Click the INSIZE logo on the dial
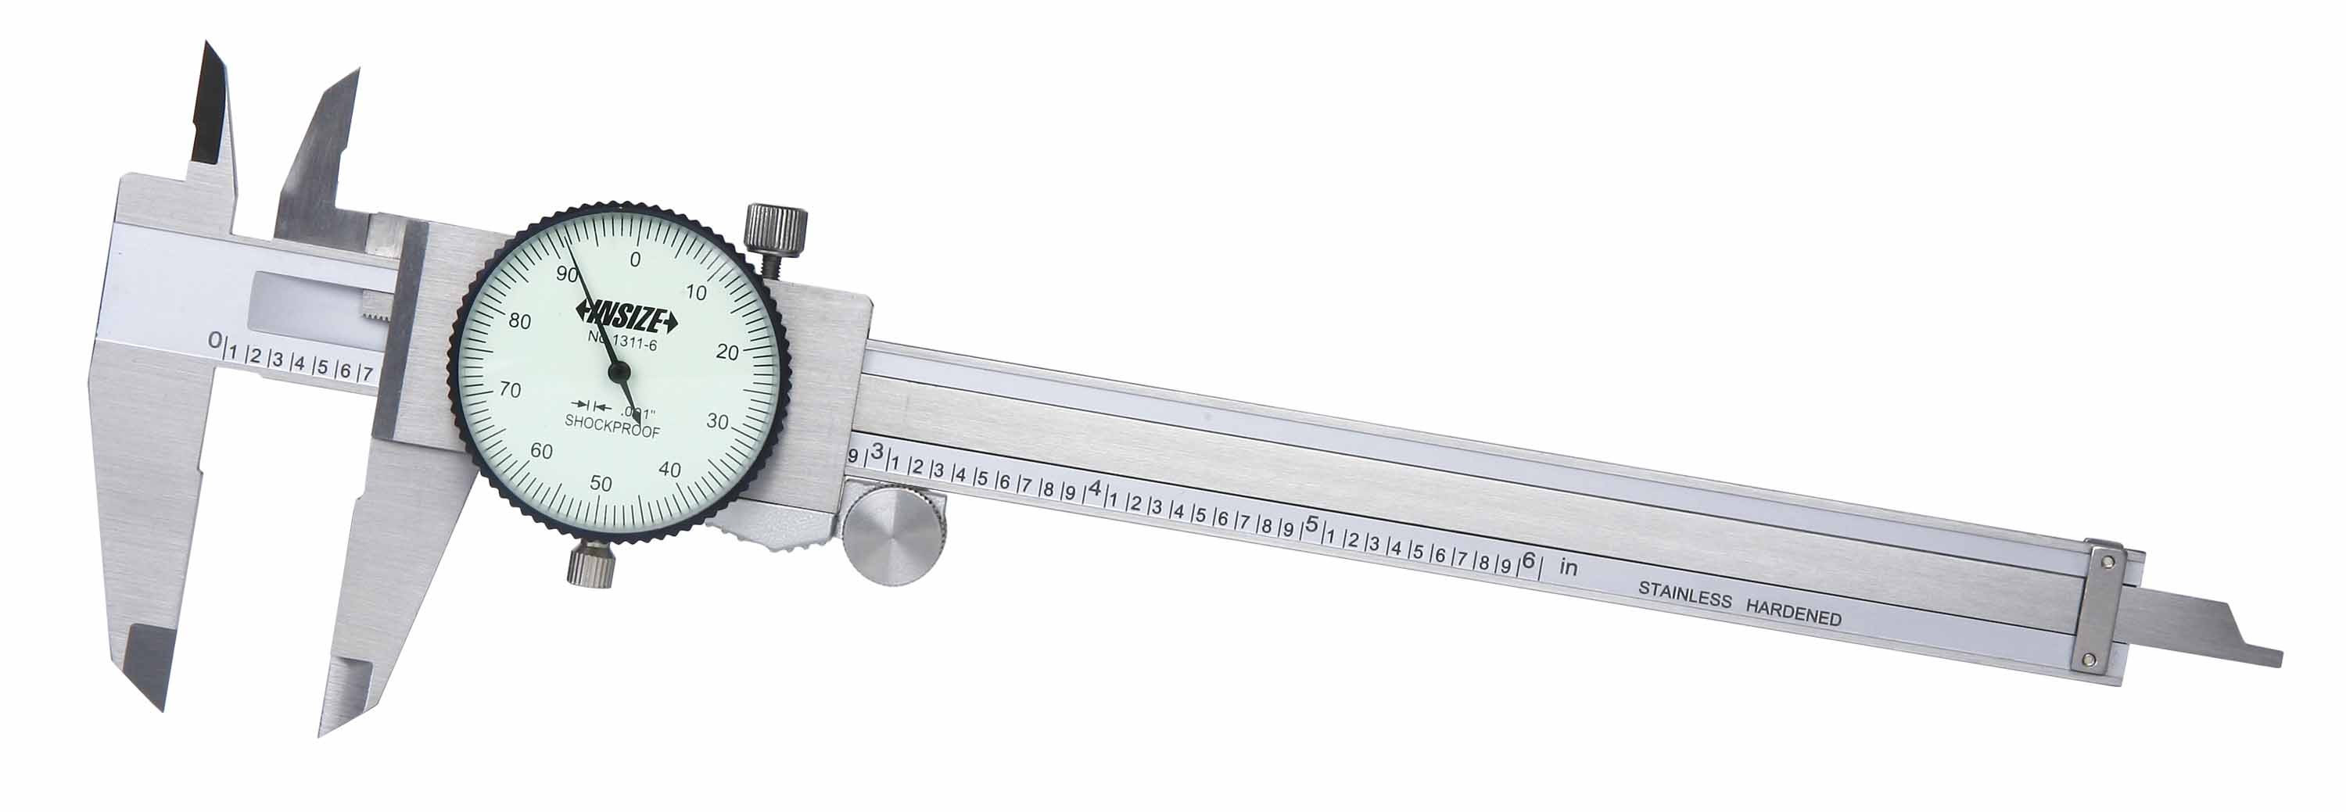[x=626, y=319]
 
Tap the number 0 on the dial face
[x=635, y=259]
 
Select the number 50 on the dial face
[x=601, y=484]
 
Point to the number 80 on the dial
[x=520, y=320]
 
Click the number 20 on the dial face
[x=726, y=353]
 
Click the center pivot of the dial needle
[x=619, y=370]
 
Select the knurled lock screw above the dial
[x=775, y=230]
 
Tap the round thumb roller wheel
[x=893, y=536]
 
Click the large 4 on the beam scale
[x=1096, y=488]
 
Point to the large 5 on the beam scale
[x=1312, y=524]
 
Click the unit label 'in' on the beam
[x=1568, y=567]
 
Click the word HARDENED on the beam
[x=1793, y=612]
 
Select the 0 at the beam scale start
[x=215, y=342]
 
